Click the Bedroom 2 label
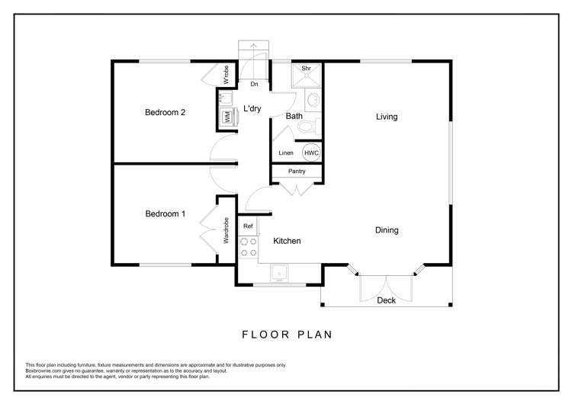point(165,113)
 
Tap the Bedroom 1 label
point(165,214)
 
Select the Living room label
point(387,117)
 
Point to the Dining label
point(386,230)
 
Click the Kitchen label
point(287,241)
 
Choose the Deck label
point(387,300)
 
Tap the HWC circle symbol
point(311,152)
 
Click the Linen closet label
point(286,153)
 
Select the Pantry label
point(297,172)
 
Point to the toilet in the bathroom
point(308,126)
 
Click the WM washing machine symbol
point(227,117)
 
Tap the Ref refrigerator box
point(248,226)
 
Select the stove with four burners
point(248,247)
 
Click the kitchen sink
point(280,271)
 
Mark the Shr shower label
point(306,69)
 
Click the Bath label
point(294,116)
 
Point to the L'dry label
point(252,109)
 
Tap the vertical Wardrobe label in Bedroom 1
point(227,231)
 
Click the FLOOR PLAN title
point(288,334)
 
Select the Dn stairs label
point(253,84)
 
